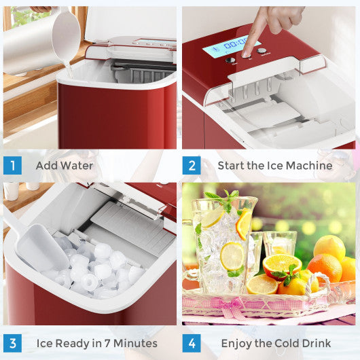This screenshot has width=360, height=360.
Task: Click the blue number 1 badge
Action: (12, 166)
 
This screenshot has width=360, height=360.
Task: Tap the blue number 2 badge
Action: (192, 166)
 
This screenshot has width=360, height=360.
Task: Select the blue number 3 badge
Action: (12, 343)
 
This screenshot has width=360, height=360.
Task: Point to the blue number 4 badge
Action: (192, 343)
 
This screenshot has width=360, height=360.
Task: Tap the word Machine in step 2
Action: (310, 166)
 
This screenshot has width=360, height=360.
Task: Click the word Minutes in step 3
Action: (134, 343)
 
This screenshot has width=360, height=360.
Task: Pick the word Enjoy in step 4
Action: (219, 343)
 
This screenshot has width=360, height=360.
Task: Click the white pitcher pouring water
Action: (41, 41)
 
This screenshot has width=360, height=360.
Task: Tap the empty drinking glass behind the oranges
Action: (279, 243)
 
